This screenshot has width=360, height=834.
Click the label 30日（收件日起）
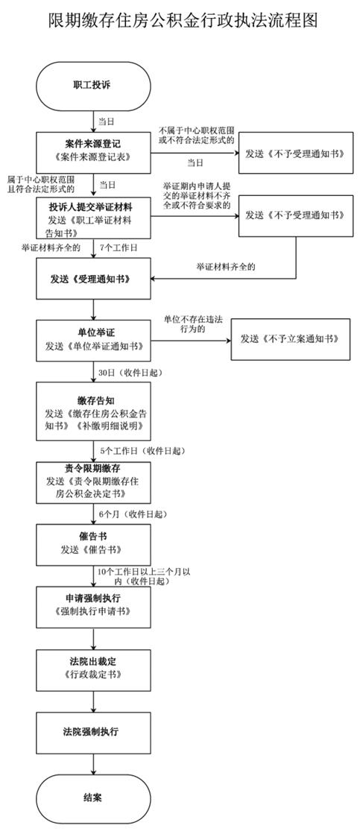pyautogui.click(x=130, y=371)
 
